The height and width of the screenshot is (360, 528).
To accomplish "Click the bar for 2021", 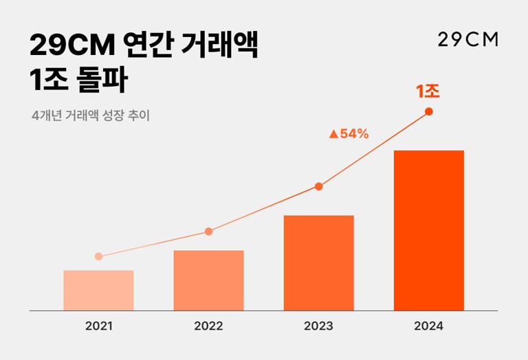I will pyautogui.click(x=98, y=291).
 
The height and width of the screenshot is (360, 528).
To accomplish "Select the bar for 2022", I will pyautogui.click(x=208, y=280).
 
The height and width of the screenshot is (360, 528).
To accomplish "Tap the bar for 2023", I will pyautogui.click(x=318, y=263).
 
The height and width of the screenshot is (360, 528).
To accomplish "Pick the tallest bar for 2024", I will pyautogui.click(x=428, y=230).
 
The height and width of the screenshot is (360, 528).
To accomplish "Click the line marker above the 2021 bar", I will pyautogui.click(x=98, y=256).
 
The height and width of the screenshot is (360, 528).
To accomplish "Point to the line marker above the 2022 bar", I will pyautogui.click(x=208, y=232).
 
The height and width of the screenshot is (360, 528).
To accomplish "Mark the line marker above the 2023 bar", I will pyautogui.click(x=318, y=186).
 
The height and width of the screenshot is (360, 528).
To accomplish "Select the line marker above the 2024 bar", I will pyautogui.click(x=428, y=111).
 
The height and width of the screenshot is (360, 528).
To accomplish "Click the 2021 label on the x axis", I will pyautogui.click(x=98, y=326).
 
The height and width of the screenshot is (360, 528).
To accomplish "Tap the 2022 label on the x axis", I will pyautogui.click(x=208, y=326).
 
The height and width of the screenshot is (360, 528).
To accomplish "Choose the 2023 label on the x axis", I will pyautogui.click(x=318, y=326).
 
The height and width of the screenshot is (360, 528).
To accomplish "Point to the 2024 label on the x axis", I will pyautogui.click(x=428, y=326).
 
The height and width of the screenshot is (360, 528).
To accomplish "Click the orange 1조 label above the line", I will pyautogui.click(x=428, y=91).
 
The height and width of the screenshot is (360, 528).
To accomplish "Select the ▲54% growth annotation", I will pyautogui.click(x=349, y=134).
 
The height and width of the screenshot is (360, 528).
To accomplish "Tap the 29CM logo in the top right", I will pyautogui.click(x=467, y=39).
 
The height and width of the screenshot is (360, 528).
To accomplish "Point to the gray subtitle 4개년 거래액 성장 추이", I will pyautogui.click(x=91, y=115).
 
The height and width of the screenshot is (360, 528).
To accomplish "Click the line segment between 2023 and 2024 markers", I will pyautogui.click(x=373, y=149).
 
